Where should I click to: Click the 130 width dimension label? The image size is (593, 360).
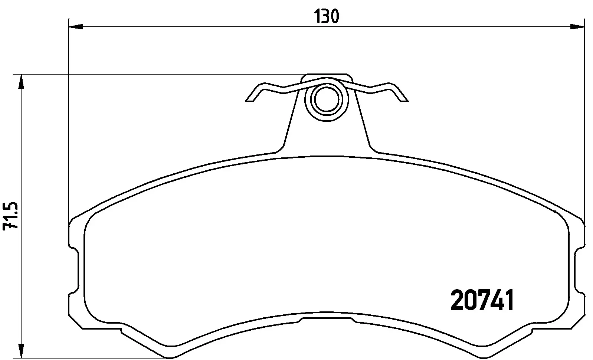point(327,17)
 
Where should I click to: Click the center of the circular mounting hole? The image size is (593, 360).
point(327,99)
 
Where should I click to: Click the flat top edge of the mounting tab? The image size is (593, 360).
point(327,74)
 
